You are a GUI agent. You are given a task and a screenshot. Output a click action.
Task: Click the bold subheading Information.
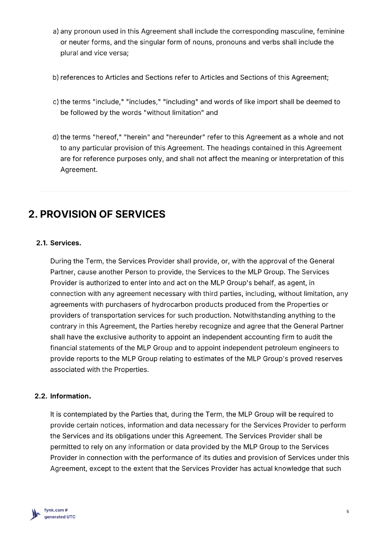coord(71,396)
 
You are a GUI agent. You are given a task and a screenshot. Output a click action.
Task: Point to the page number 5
coord(348,512)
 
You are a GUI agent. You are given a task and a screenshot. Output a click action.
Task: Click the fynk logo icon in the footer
coord(35,514)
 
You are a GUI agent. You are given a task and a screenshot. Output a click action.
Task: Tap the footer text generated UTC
coord(60,517)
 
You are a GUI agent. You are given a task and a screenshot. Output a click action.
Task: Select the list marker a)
coord(56,32)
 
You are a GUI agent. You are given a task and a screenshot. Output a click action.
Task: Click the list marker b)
coord(56,78)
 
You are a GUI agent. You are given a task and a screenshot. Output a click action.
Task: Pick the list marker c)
coord(56,102)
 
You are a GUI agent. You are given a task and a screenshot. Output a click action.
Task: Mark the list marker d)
coord(56,137)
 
